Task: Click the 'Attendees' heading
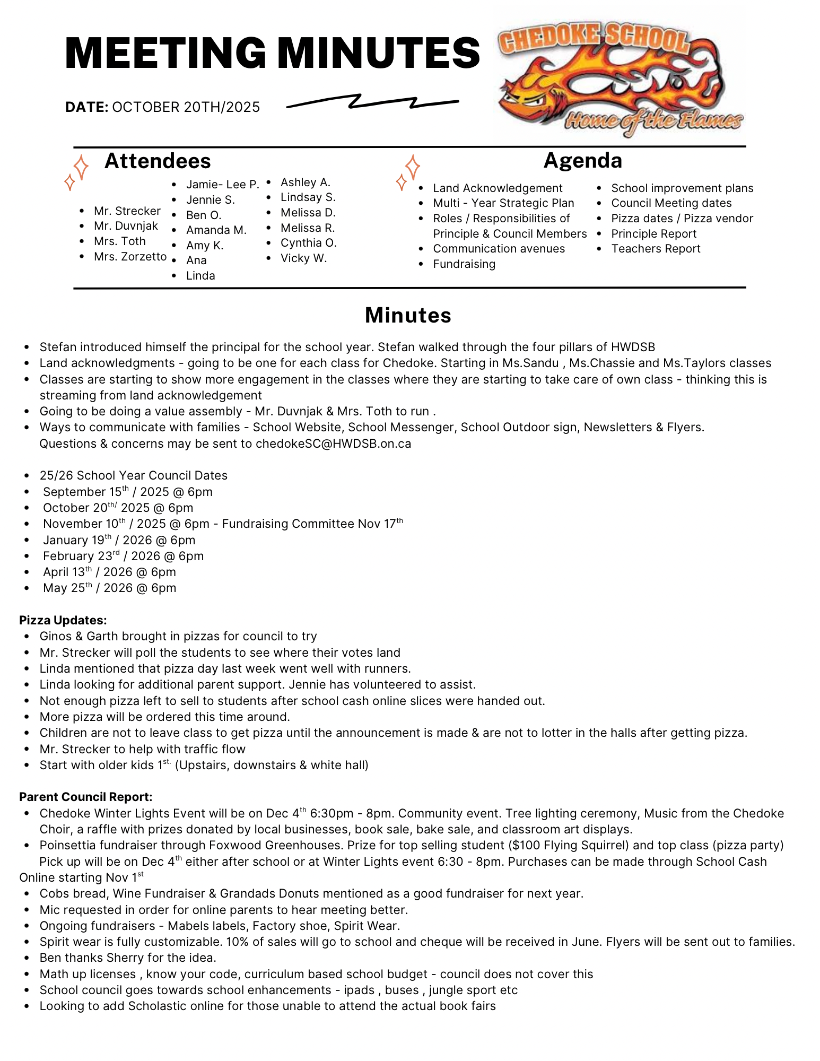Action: click(x=158, y=161)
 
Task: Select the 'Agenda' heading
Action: click(x=582, y=160)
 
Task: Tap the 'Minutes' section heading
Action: click(x=408, y=315)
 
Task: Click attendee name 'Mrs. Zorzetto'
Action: click(x=130, y=257)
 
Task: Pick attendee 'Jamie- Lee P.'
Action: click(x=222, y=185)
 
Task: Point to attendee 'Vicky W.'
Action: click(x=303, y=258)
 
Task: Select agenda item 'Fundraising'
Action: click(x=464, y=264)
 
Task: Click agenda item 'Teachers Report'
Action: click(x=655, y=249)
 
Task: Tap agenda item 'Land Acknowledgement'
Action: click(x=497, y=188)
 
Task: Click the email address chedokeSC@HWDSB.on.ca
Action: click(x=333, y=443)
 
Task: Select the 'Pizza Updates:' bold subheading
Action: click(x=63, y=620)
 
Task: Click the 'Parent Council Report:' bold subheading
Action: click(x=85, y=797)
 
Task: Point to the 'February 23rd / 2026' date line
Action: click(x=123, y=556)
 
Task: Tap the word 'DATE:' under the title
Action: click(x=86, y=107)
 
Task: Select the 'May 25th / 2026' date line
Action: click(x=109, y=588)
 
